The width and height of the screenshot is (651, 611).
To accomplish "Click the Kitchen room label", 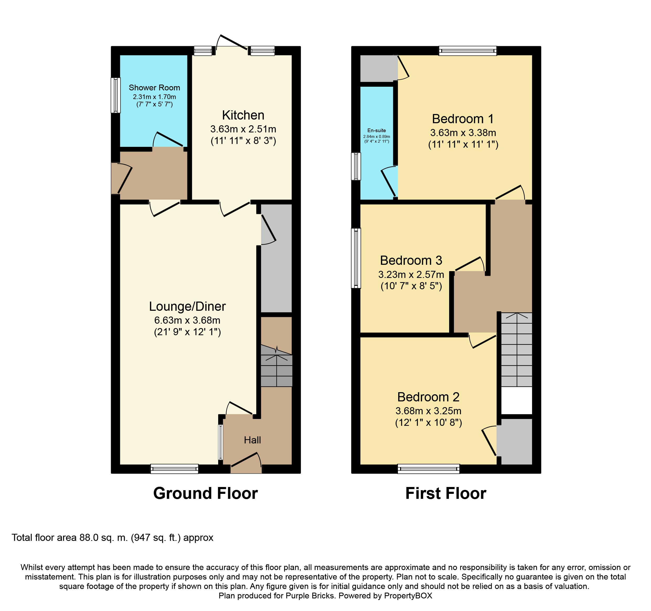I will [243, 115].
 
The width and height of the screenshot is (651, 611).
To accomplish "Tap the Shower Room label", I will [154, 87].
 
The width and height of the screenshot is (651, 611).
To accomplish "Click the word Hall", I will [252, 440].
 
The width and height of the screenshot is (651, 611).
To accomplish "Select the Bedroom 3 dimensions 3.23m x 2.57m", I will [411, 274].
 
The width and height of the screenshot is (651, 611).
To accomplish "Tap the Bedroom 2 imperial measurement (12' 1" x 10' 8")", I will [428, 423].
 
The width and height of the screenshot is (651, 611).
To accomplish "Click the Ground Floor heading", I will [205, 493].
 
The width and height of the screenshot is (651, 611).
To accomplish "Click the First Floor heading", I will [445, 493].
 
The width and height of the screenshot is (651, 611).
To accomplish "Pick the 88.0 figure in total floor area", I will [89, 538].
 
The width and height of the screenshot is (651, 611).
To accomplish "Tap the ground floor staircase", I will [276, 367].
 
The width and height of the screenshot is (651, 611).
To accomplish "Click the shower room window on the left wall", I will [115, 95].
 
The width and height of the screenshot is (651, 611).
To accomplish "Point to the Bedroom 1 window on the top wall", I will [467, 51].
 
